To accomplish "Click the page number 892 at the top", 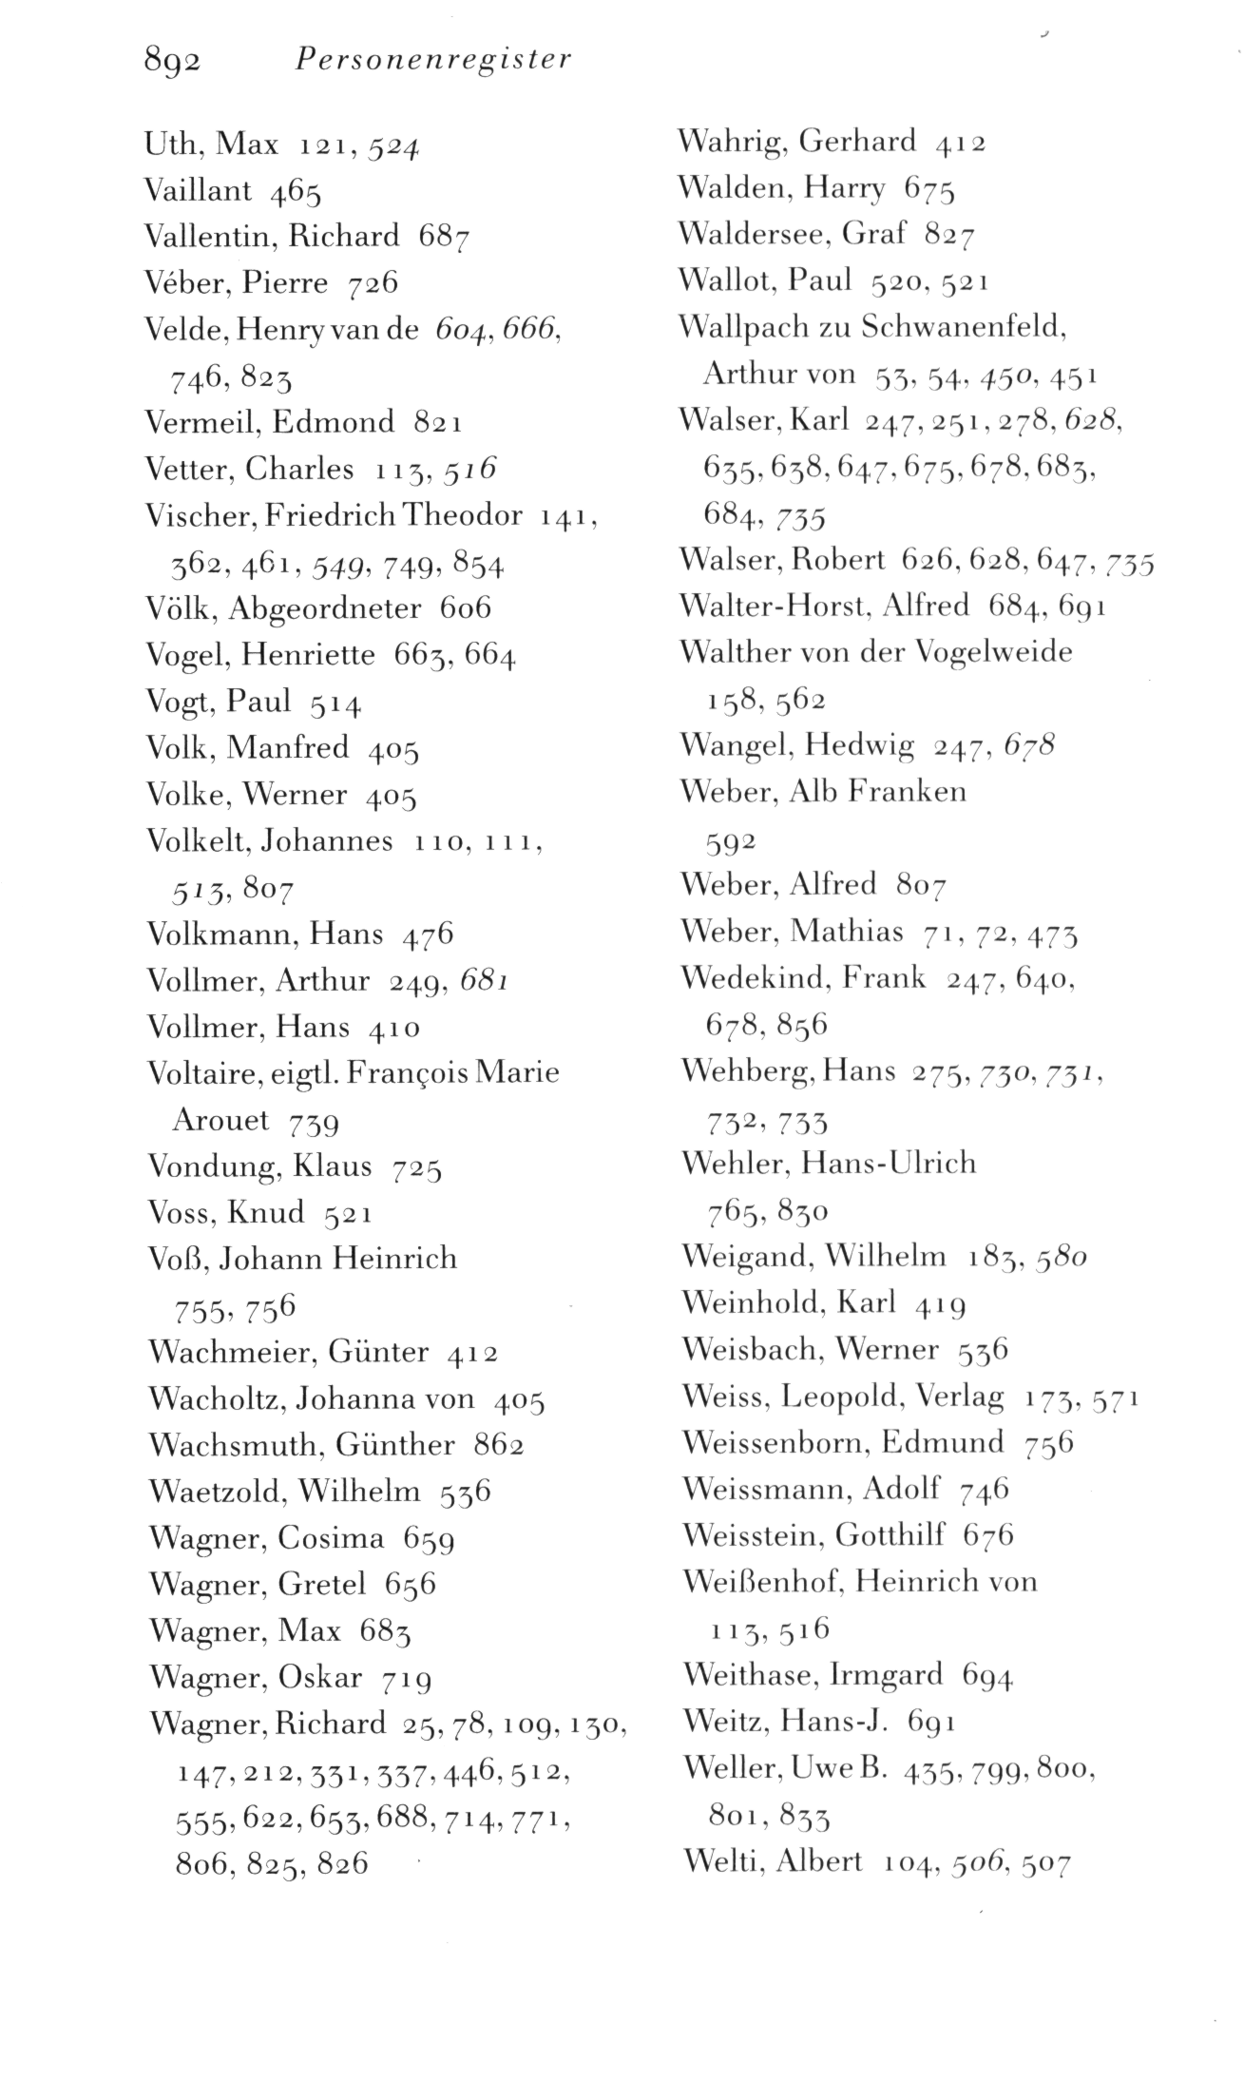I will click(172, 62).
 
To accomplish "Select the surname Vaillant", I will click(198, 191).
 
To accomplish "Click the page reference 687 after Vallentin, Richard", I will click(444, 237).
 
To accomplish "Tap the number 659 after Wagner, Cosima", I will click(429, 1539).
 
